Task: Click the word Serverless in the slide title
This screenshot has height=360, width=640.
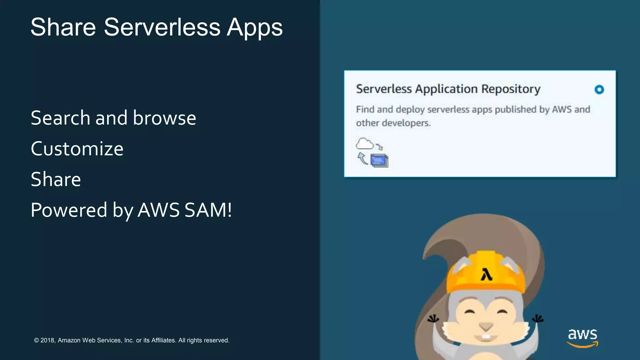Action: (x=162, y=27)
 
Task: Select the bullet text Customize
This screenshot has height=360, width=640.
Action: (x=77, y=149)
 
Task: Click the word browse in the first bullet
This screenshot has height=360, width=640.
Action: (x=164, y=118)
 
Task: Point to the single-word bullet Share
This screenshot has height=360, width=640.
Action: (x=56, y=179)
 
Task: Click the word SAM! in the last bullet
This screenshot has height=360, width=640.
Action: (x=208, y=210)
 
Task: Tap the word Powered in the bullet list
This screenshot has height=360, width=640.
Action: (x=69, y=210)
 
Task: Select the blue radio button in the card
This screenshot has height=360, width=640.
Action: (x=599, y=90)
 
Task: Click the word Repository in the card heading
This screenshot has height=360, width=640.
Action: (x=511, y=89)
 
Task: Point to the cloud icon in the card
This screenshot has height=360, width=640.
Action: (x=364, y=144)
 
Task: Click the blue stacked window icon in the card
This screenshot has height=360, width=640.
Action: (x=379, y=161)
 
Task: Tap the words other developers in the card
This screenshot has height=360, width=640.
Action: (x=393, y=123)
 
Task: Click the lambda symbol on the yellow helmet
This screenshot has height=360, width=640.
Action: (x=486, y=275)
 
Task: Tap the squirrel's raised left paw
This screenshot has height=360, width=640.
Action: (x=433, y=319)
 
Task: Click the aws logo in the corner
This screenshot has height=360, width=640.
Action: (x=582, y=337)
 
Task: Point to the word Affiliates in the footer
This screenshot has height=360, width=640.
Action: (x=163, y=340)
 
